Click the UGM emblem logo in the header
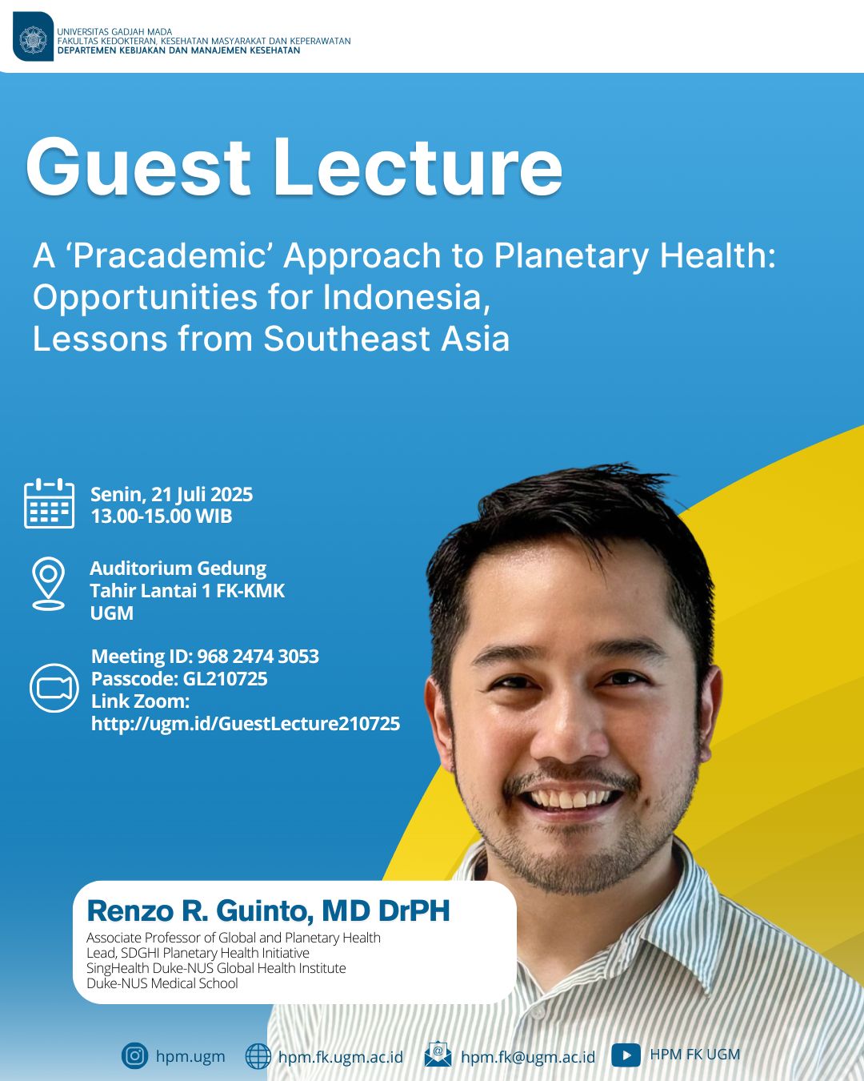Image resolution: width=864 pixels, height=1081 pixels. (x=33, y=37)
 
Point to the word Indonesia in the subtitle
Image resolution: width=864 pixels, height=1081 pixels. (x=406, y=297)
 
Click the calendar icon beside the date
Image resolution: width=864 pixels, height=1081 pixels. (x=49, y=503)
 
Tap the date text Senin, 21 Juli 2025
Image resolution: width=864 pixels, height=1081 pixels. (x=172, y=494)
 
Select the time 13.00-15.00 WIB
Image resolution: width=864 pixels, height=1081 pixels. (x=162, y=516)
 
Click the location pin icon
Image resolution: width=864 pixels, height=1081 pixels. (x=48, y=583)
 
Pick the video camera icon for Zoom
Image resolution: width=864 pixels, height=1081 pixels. (x=54, y=688)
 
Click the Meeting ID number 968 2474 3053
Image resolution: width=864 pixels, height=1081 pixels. (x=258, y=656)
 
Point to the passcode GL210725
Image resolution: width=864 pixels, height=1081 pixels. (x=225, y=679)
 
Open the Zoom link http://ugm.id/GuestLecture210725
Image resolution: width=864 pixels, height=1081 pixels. (x=246, y=723)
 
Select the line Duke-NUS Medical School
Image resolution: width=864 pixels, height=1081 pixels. (x=162, y=983)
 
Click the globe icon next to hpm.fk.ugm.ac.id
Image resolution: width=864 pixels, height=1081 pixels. (x=258, y=1056)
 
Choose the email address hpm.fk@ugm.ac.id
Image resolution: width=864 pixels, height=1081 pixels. (x=528, y=1056)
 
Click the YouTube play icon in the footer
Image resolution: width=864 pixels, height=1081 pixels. (x=626, y=1055)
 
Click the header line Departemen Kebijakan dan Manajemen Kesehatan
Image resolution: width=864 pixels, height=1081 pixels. (x=178, y=50)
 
